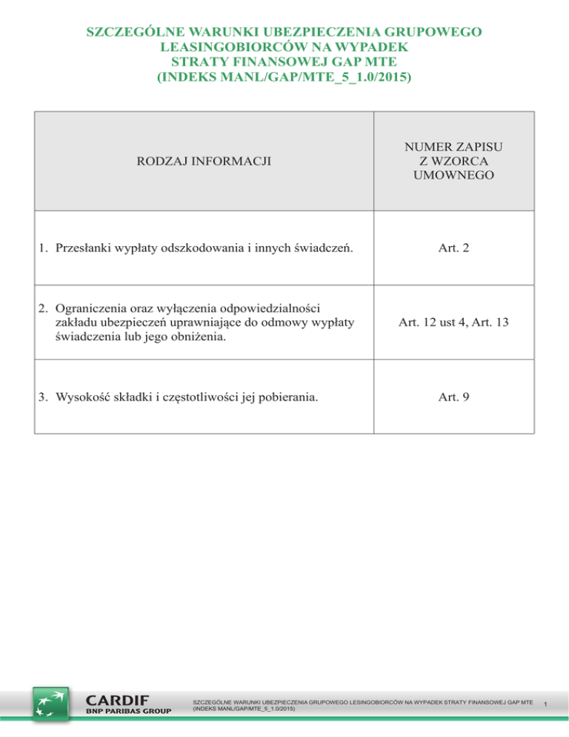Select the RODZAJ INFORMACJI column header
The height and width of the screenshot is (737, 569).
(x=202, y=159)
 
